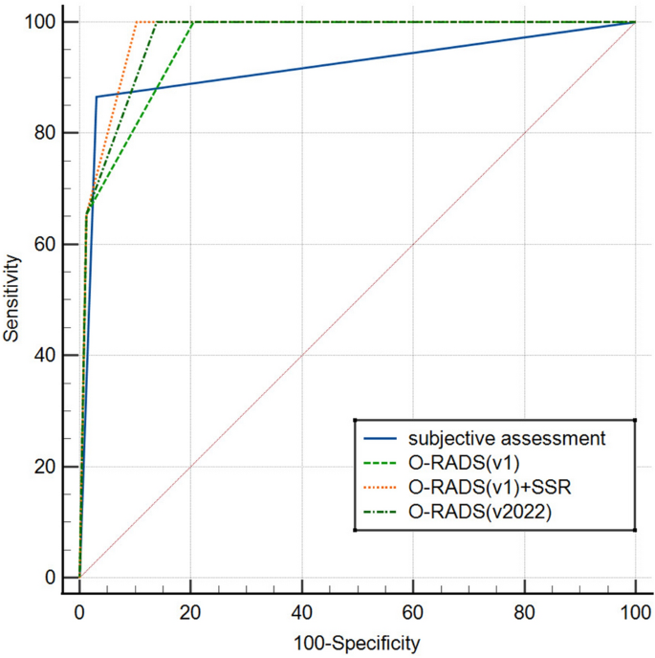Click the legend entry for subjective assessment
[507, 440]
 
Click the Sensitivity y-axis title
[12, 298]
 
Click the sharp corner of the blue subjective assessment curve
[96, 97]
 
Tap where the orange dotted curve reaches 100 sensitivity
[137, 21]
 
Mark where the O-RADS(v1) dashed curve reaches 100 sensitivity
[193, 21]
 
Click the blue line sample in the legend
[381, 440]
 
